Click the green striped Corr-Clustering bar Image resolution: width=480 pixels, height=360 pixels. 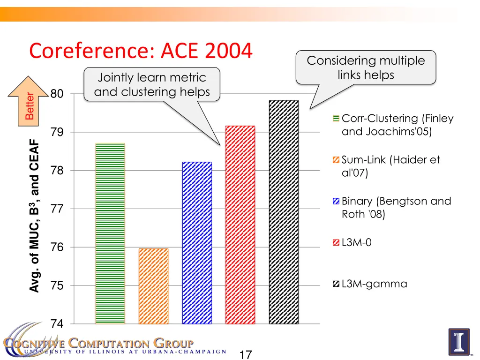click(x=110, y=233)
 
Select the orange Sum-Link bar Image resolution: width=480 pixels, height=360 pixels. click(x=153, y=286)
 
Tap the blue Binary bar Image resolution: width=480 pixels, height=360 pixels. click(x=197, y=243)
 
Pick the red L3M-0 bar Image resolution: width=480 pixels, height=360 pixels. click(x=240, y=225)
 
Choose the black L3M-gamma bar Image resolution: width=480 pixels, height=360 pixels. click(x=284, y=212)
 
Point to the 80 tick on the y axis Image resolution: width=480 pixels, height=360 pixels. click(x=57, y=94)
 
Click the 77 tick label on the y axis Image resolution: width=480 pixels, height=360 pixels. click(x=57, y=209)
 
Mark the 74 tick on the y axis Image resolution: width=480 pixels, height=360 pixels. click(x=57, y=324)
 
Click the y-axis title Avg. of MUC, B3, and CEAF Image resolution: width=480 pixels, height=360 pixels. click(x=34, y=216)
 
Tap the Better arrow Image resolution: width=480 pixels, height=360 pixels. click(x=30, y=104)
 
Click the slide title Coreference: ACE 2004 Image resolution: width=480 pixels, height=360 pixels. click(x=141, y=51)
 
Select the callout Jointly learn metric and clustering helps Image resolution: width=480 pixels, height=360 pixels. click(x=152, y=84)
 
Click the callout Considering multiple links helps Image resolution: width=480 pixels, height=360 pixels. click(x=366, y=67)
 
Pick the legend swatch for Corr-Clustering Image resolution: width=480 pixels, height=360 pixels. click(x=336, y=119)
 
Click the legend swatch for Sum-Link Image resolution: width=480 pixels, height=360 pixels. click(x=336, y=160)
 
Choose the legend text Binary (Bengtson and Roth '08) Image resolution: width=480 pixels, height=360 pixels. click(x=396, y=208)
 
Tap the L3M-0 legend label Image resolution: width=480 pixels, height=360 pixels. click(x=356, y=242)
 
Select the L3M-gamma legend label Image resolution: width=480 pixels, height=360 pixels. click(x=374, y=284)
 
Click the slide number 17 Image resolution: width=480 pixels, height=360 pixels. click(x=245, y=354)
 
